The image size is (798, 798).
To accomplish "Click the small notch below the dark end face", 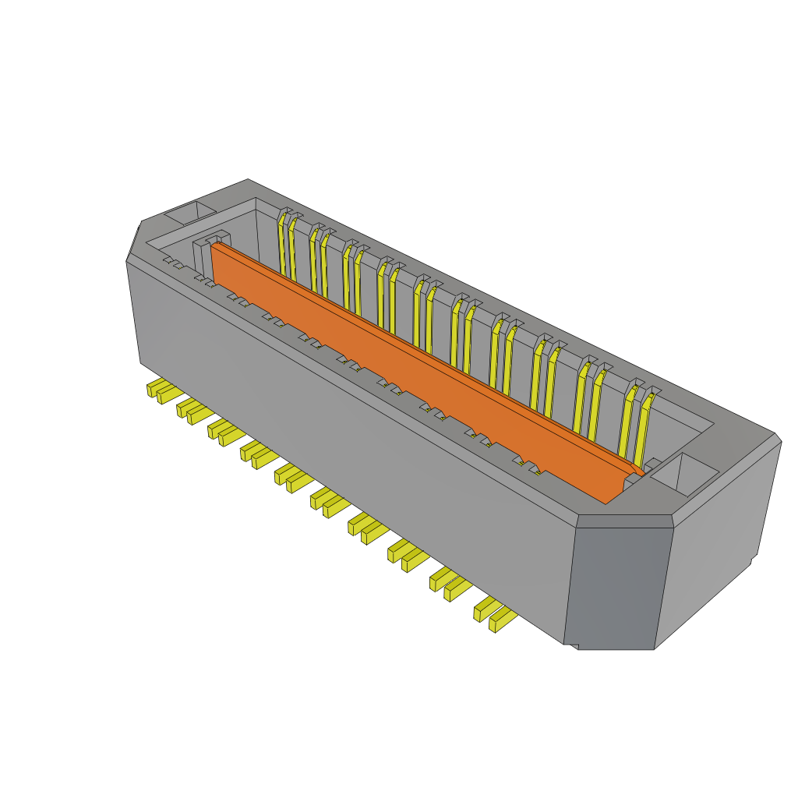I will click(x=573, y=645).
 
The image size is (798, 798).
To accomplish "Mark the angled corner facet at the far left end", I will click(x=133, y=242).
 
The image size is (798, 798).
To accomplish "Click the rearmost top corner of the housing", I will click(x=248, y=181).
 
